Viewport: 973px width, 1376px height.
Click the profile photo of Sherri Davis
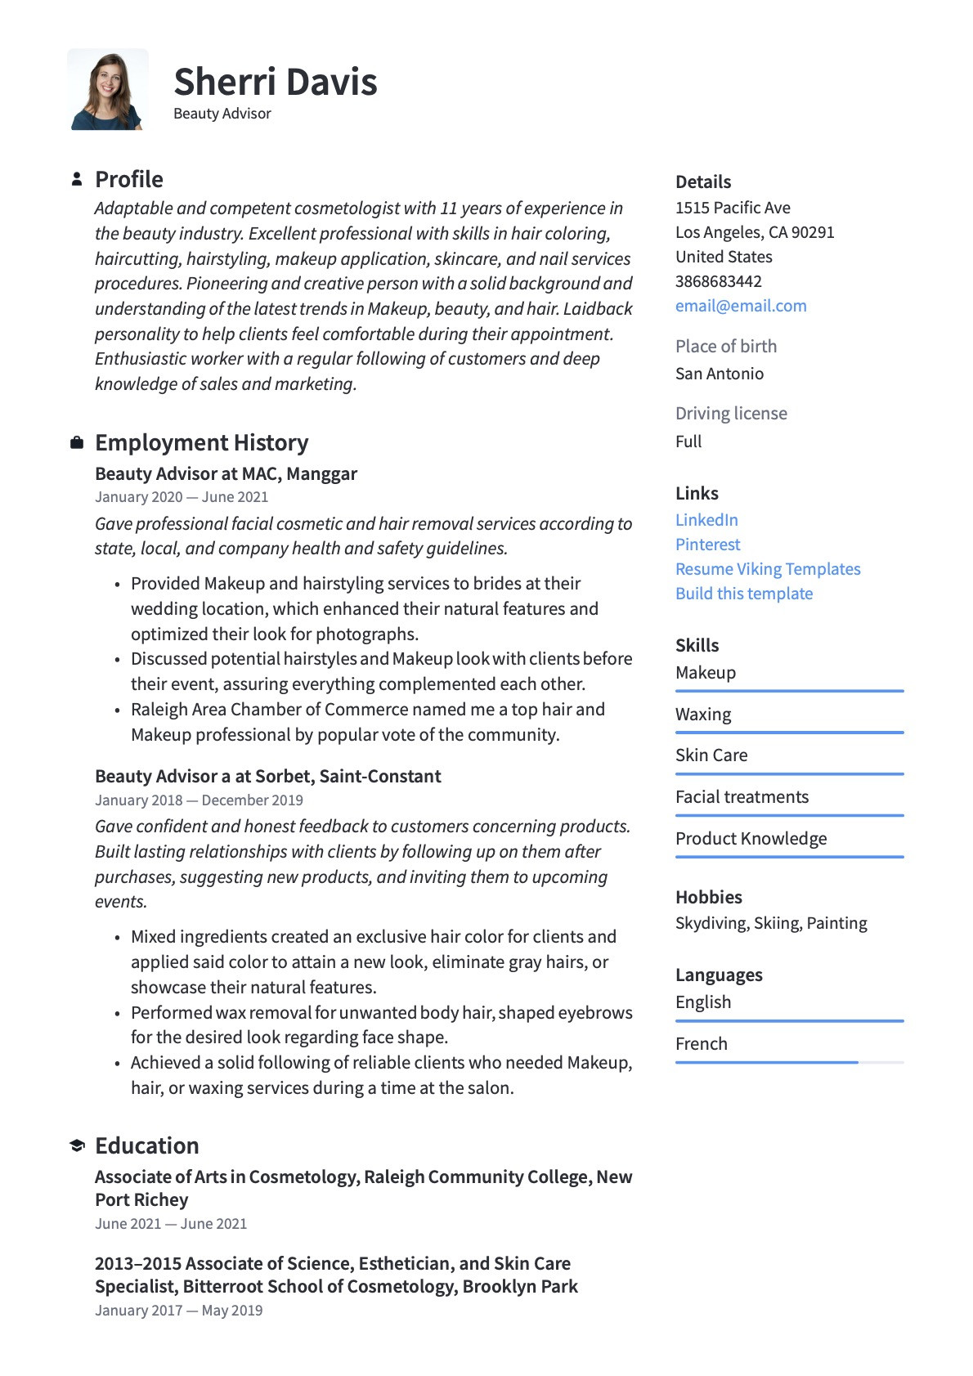pos(108,90)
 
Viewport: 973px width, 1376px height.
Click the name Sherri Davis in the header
pos(276,82)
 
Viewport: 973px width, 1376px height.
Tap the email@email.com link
pos(741,306)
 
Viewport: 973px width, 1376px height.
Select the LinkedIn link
pos(706,520)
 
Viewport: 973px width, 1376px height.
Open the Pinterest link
pos(707,545)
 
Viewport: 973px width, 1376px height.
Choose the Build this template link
pos(744,594)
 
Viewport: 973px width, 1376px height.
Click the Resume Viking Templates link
pos(768,569)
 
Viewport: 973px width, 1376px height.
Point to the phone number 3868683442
pos(719,281)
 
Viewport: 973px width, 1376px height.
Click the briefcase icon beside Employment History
pos(77,442)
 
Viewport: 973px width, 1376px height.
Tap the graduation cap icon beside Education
pos(77,1145)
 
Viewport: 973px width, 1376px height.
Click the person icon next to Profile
pos(77,179)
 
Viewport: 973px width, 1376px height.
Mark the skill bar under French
pos(789,1062)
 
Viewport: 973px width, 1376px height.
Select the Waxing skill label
pos(703,715)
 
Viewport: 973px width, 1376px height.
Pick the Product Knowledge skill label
pos(751,839)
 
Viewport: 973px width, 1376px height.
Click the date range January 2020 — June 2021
pos(182,497)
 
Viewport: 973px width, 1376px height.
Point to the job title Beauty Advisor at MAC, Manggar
pos(226,473)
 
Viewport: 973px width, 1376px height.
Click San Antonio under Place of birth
pos(720,374)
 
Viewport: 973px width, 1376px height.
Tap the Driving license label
pos(731,414)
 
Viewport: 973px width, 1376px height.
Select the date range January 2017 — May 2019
pos(178,1311)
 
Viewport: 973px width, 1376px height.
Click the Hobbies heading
pos(709,897)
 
